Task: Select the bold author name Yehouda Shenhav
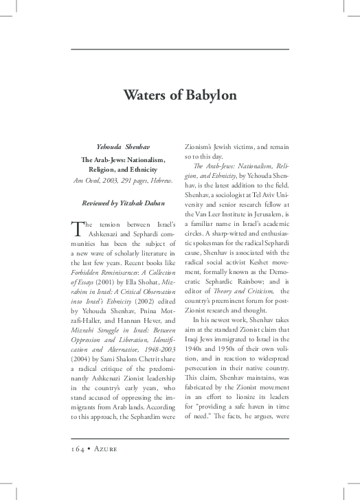click(x=124, y=147)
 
